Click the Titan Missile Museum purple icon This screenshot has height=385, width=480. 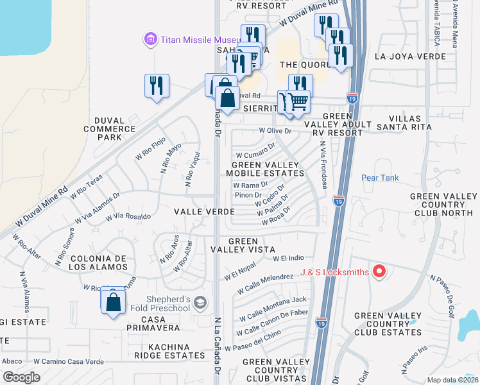pos(150,40)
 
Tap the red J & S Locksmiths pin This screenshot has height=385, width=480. pos(379,272)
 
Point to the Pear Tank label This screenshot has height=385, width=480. pos(380,178)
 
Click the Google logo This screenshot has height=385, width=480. pos(21,377)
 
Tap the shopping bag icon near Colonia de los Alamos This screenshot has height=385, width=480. pos(113,302)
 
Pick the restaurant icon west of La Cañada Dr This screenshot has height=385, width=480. pos(157,86)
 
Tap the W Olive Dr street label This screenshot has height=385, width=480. pos(279,131)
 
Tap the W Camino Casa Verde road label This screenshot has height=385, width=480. pos(69,361)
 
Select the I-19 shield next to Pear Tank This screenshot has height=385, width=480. pos(339,200)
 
